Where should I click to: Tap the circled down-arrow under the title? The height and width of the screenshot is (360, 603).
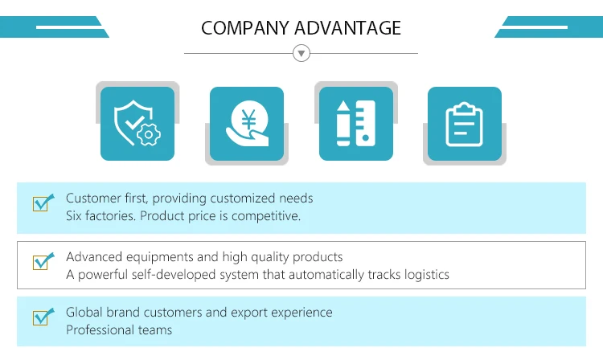click(x=301, y=54)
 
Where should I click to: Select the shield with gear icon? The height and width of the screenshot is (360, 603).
click(x=137, y=125)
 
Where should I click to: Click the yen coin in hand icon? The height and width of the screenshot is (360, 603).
click(x=246, y=125)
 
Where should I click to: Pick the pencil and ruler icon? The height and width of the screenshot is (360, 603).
click(x=355, y=125)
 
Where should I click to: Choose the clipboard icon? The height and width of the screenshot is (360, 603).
click(x=464, y=125)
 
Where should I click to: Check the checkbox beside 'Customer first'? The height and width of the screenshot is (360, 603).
click(x=41, y=203)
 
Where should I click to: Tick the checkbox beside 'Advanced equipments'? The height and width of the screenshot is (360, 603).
click(x=41, y=262)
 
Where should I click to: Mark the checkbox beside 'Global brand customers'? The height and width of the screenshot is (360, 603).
click(x=41, y=317)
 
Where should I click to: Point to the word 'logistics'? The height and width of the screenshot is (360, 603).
click(x=425, y=275)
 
